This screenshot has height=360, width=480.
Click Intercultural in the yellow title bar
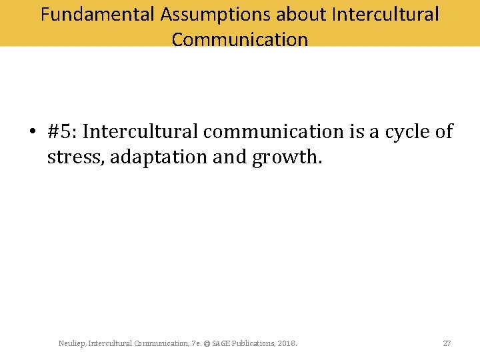pos(383,14)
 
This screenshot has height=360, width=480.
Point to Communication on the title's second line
pos(239,39)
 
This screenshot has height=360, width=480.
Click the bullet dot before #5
pos(32,133)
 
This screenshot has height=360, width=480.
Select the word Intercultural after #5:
pos(141,132)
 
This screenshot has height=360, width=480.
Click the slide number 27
pos(447,343)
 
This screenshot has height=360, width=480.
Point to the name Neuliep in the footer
pos(71,343)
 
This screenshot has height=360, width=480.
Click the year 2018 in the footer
pos(287,343)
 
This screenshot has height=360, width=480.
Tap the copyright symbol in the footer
pos(207,343)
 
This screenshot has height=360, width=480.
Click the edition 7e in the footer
pos(195,343)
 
